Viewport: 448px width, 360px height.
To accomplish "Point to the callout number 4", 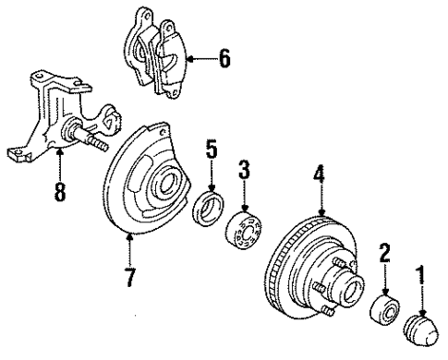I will click(x=319, y=174).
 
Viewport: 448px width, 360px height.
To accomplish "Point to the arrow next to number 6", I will click(x=200, y=60).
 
